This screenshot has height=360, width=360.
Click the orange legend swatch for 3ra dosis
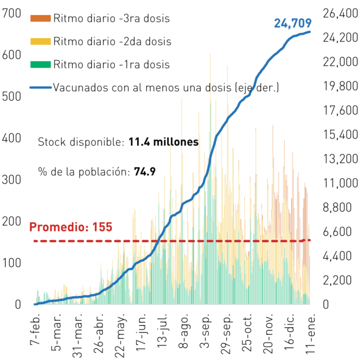point(40,19)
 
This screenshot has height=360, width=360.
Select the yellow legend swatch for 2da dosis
point(40,41)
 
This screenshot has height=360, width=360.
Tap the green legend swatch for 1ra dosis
point(40,64)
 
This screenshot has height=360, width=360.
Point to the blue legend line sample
point(40,88)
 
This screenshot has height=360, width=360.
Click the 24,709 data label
point(292,24)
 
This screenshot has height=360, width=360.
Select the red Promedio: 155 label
point(71,227)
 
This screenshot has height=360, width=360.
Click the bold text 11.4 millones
point(164,142)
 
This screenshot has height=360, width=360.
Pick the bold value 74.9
point(145,172)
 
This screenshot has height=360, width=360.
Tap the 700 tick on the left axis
point(11,13)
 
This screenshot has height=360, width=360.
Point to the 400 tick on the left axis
point(11,138)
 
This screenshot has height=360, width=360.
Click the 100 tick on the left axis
point(11,263)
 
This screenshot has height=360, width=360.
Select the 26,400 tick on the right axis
point(340,13)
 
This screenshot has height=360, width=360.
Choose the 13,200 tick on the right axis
point(340,159)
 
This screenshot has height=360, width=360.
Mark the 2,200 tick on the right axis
point(337,280)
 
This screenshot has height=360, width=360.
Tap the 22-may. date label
point(120,335)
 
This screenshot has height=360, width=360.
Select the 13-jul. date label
point(162,331)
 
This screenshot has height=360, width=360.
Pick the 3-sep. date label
point(205,330)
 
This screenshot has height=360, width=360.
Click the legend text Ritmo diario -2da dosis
point(112,42)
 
